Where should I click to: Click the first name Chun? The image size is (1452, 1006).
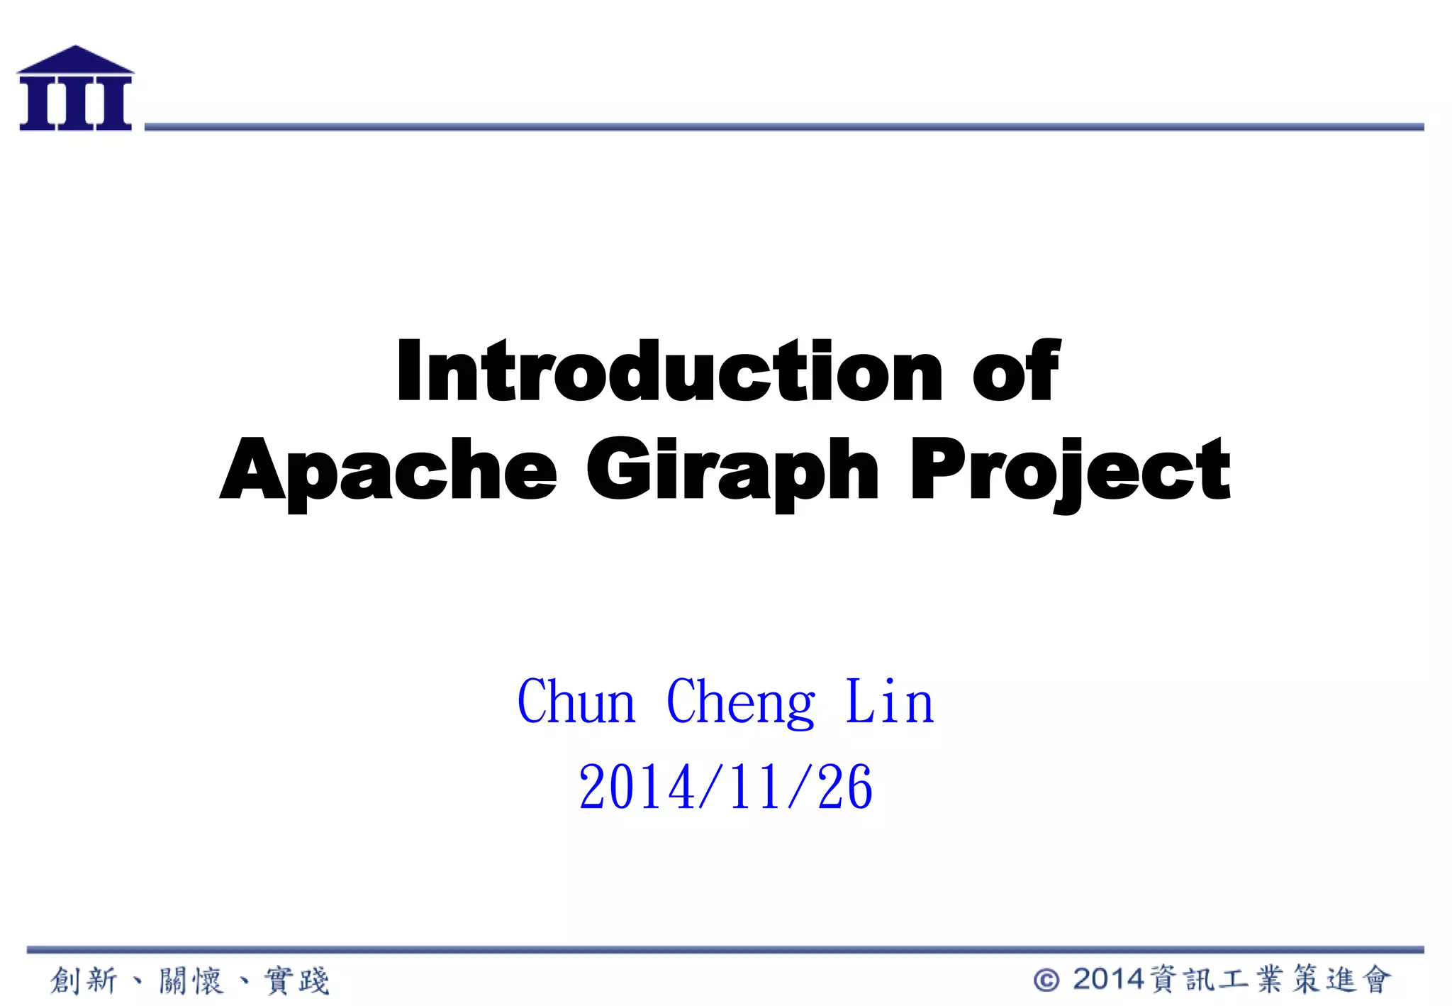point(576,702)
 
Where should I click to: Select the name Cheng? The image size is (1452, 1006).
point(741,702)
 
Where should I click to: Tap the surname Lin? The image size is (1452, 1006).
point(890,702)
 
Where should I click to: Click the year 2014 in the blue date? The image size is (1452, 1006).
point(636,787)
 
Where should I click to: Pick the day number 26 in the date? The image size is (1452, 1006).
point(844,787)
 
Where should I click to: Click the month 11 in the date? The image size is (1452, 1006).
point(757,787)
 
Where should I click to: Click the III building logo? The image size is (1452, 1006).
point(75,89)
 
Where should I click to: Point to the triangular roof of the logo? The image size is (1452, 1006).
point(75,60)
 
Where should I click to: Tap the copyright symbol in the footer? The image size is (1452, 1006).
point(1046,980)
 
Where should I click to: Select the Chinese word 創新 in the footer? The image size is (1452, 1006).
point(84,980)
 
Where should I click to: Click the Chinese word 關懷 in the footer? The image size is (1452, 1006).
point(191,980)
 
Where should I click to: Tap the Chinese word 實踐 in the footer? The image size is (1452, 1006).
point(297,980)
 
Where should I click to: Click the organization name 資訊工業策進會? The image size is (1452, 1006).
point(1270,980)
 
